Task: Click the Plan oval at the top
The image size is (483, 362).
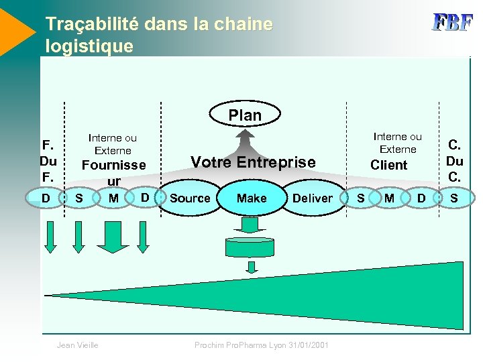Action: click(x=245, y=115)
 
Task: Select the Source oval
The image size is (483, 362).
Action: click(x=190, y=198)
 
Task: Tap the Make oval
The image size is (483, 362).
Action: click(x=252, y=198)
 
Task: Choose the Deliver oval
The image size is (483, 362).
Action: click(x=312, y=198)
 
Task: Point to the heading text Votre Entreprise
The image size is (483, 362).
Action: click(x=253, y=162)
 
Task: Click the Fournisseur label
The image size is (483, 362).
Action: click(x=113, y=172)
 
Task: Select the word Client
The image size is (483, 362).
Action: click(x=389, y=165)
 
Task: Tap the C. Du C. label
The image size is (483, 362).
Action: click(x=455, y=161)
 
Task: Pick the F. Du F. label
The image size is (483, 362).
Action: click(x=48, y=161)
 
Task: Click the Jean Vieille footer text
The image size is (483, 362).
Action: click(x=78, y=345)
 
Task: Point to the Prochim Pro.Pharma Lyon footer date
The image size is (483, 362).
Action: click(x=262, y=345)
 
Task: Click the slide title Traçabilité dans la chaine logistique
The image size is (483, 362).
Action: click(x=159, y=35)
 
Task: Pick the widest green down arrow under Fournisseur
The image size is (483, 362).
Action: click(x=113, y=237)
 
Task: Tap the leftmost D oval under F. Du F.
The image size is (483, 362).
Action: click(x=45, y=198)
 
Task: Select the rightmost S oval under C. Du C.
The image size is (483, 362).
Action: click(x=454, y=198)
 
